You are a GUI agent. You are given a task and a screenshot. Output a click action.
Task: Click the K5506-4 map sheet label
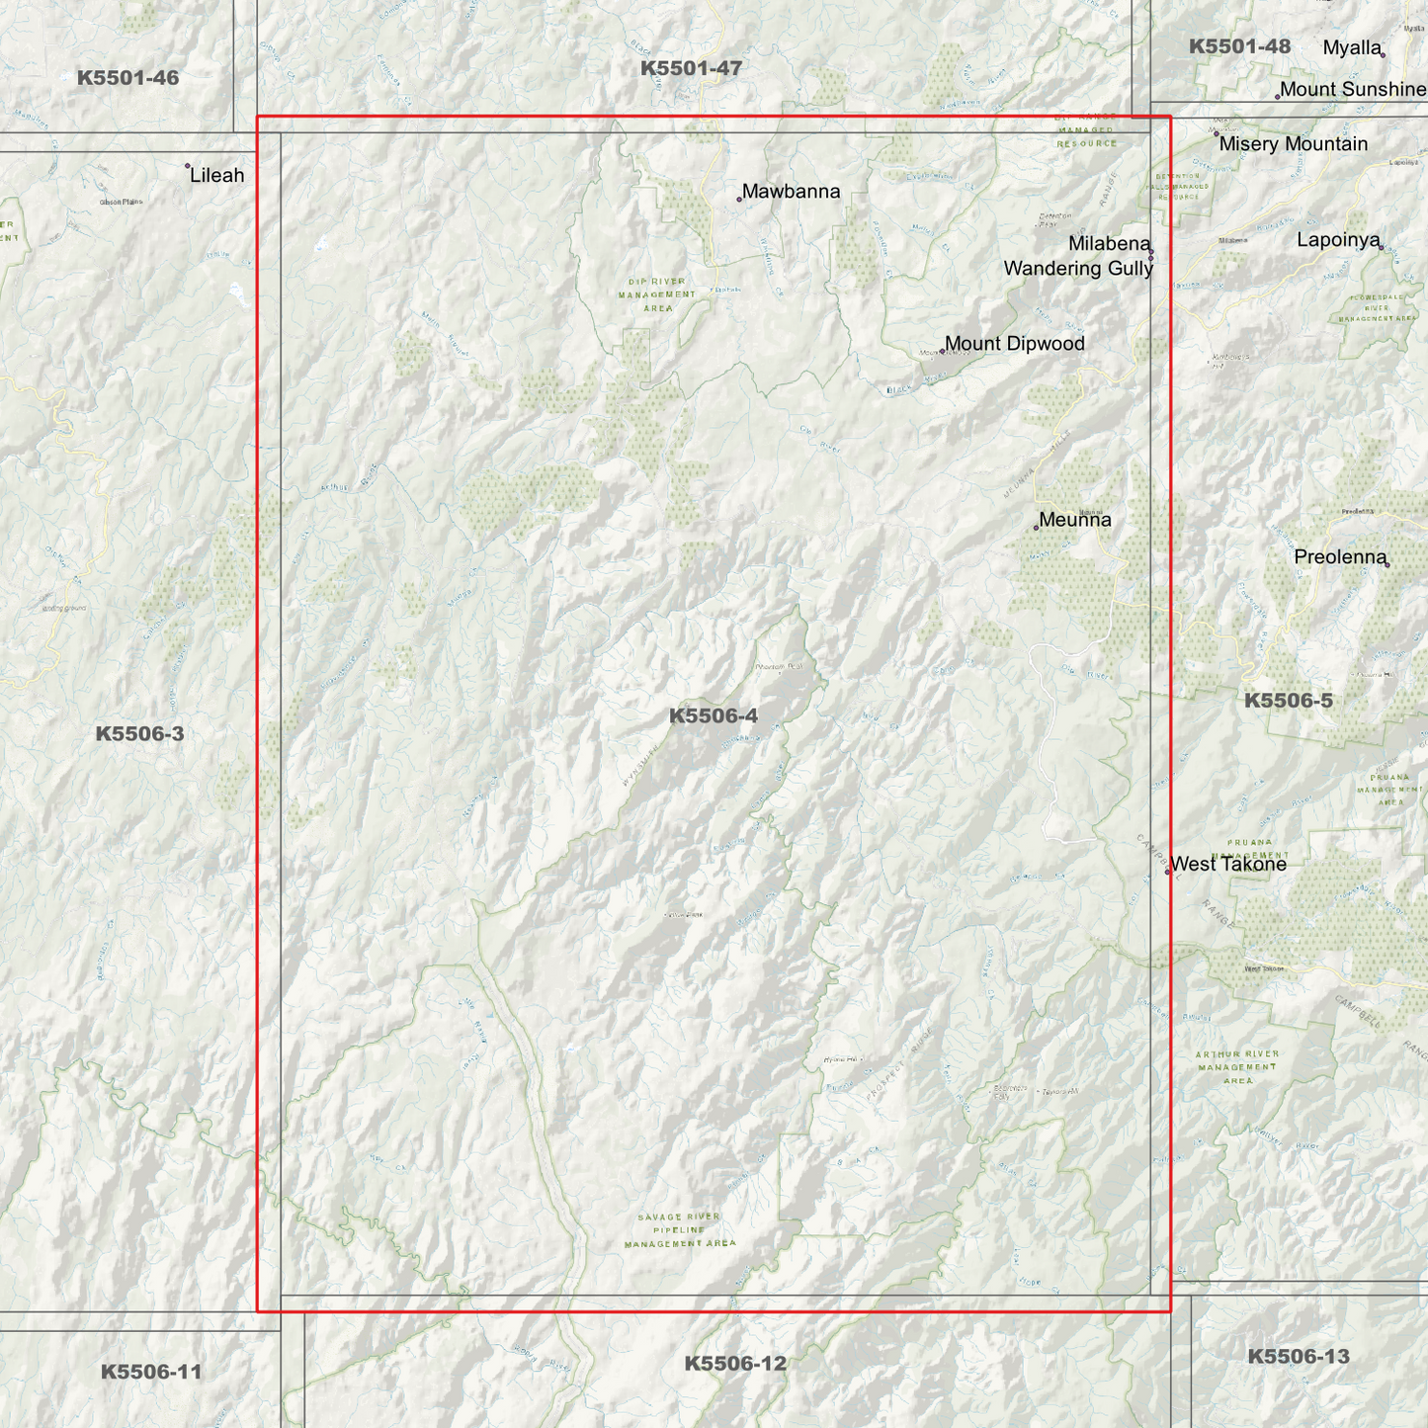[713, 715]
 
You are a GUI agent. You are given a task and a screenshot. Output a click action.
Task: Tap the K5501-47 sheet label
[691, 68]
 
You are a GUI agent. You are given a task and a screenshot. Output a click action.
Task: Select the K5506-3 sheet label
[139, 733]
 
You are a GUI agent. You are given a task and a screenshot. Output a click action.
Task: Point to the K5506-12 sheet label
[735, 1363]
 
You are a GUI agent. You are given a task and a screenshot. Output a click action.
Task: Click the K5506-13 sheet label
[1298, 1356]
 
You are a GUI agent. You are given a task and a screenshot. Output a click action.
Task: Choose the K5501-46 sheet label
[127, 77]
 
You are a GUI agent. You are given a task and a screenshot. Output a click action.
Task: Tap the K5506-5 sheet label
[1288, 701]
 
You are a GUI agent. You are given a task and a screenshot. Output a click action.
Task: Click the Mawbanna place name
[791, 192]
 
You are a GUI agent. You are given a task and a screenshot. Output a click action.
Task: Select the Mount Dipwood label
[1014, 344]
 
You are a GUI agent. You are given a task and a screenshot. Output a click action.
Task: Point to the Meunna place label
[1075, 520]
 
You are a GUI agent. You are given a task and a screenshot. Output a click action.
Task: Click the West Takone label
[1228, 864]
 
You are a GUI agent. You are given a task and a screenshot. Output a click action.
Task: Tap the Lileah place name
[217, 176]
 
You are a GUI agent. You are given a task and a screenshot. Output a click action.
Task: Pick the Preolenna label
[1340, 557]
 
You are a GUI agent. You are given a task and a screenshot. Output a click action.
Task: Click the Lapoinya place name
[1338, 240]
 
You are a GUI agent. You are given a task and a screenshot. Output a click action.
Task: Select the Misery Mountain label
[1293, 144]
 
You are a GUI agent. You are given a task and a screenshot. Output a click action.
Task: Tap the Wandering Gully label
[1078, 269]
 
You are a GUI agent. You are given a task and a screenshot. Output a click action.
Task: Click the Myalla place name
[1351, 47]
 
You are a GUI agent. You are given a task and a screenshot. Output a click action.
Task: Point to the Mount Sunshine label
[1353, 90]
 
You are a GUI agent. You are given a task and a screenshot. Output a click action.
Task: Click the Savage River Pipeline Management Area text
[680, 1230]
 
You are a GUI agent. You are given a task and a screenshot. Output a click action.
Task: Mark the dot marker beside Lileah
[188, 166]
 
